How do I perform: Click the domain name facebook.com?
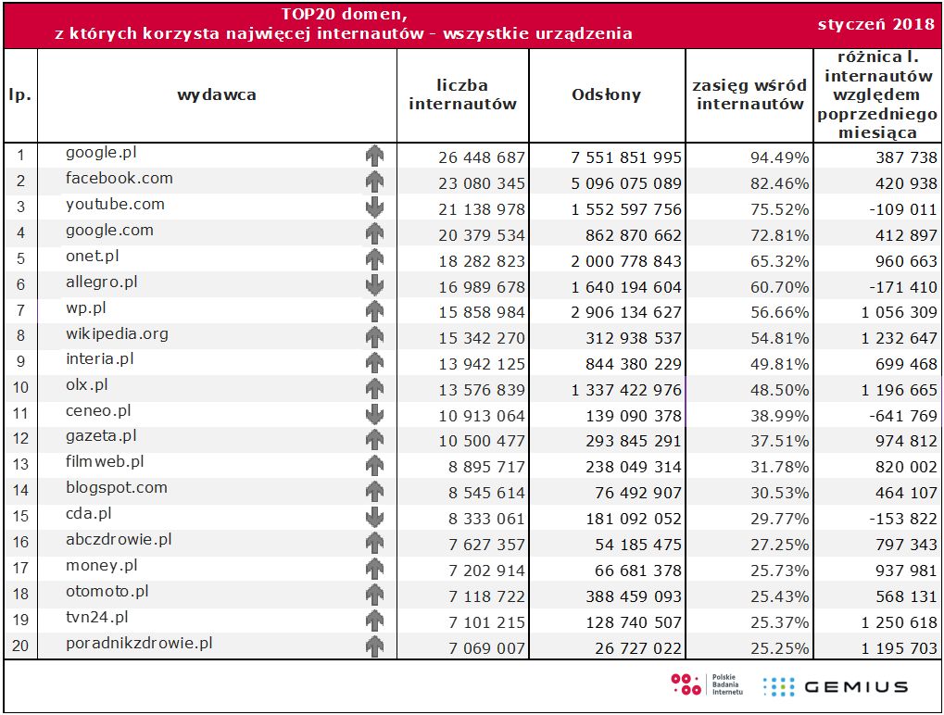[119, 179]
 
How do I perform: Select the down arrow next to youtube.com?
[374, 207]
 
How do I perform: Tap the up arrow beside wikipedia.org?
[374, 337]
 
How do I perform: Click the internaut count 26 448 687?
[481, 157]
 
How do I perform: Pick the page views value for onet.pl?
[626, 261]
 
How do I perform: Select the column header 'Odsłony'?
[606, 94]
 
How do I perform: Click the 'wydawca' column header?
[217, 94]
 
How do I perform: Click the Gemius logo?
[835, 686]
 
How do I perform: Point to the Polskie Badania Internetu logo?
[707, 685]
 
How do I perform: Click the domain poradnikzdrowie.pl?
[139, 642]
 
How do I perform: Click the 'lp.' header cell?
[20, 94]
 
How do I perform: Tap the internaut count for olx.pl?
[481, 391]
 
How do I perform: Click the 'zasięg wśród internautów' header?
[749, 94]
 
